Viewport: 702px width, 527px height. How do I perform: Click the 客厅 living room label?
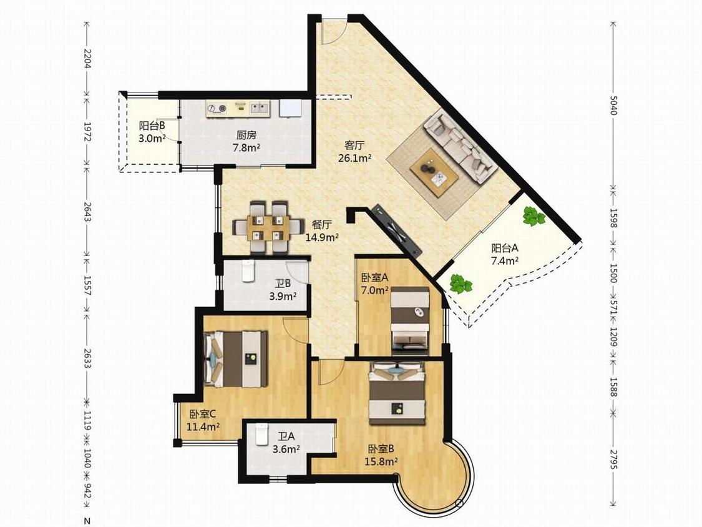[354, 145]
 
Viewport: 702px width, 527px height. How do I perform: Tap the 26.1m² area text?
[354, 158]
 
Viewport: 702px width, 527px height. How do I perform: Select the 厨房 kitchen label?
[246, 134]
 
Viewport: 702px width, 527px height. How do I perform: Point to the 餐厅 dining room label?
[321, 225]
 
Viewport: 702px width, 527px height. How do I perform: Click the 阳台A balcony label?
[505, 248]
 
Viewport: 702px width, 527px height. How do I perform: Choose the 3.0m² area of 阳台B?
[152, 138]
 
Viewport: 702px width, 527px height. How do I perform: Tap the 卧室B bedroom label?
[381, 448]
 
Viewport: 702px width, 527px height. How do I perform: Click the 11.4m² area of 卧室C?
[203, 426]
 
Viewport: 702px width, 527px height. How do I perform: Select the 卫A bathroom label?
[286, 436]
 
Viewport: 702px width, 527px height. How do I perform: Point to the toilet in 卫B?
[248, 271]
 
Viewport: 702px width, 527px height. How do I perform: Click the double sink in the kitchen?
[260, 107]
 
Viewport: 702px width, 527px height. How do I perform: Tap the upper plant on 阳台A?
[534, 217]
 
